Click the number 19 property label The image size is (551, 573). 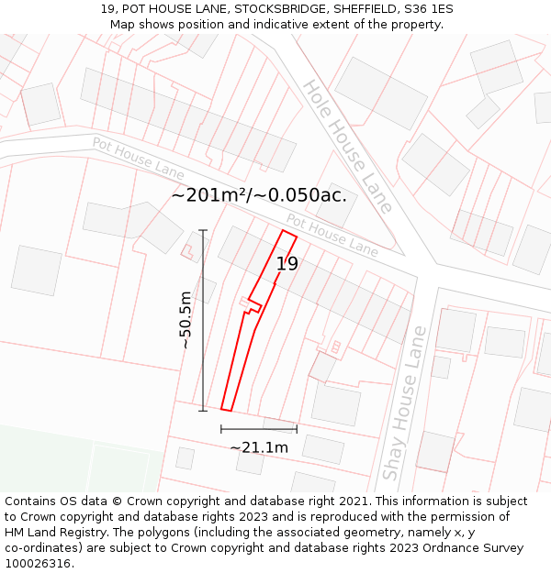287,264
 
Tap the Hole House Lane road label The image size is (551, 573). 348,146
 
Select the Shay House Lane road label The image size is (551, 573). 405,402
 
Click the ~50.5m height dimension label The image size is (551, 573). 186,320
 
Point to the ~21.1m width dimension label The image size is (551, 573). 259,447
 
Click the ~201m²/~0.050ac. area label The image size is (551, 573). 259,194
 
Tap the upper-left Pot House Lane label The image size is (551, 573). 138,158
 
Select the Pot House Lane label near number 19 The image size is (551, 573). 332,235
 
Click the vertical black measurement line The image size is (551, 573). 203,320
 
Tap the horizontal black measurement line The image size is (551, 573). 258,428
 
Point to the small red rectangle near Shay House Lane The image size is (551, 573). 336,347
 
